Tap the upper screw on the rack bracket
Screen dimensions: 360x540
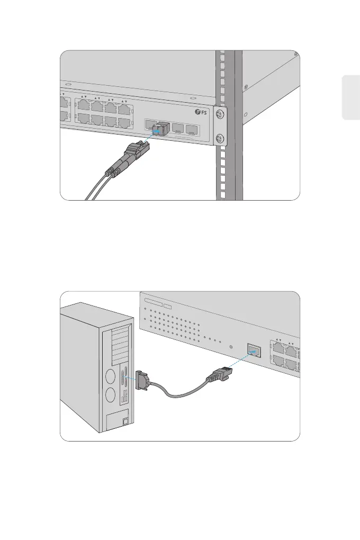pyautogui.click(x=221, y=114)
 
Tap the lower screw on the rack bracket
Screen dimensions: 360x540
pyautogui.click(x=221, y=140)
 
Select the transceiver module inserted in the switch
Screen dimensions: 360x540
pyautogui.click(x=159, y=128)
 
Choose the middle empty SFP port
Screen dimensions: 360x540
pyautogui.click(x=178, y=128)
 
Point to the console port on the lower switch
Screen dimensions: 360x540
pyautogui.click(x=254, y=350)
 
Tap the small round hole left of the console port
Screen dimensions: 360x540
pyautogui.click(x=231, y=347)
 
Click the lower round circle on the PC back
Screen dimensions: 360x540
pyautogui.click(x=111, y=397)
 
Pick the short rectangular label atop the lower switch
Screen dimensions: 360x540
pyautogui.click(x=168, y=305)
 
